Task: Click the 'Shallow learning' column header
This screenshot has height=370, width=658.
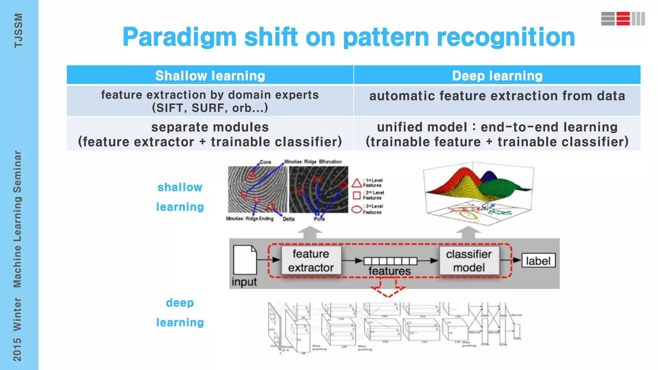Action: click(210, 76)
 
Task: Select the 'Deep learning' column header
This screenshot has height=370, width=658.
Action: click(497, 76)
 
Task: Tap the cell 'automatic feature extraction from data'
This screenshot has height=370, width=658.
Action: click(497, 96)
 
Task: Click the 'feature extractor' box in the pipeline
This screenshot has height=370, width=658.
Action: click(311, 260)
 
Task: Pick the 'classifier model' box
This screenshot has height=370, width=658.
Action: click(469, 260)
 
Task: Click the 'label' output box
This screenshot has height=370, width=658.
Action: click(538, 261)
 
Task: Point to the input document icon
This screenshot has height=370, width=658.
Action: click(245, 260)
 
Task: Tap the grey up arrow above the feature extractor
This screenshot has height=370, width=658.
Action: click(310, 232)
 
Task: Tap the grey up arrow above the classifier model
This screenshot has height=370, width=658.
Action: click(468, 232)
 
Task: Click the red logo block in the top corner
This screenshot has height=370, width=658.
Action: click(623, 19)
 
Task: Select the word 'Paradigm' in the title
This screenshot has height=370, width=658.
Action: click(179, 37)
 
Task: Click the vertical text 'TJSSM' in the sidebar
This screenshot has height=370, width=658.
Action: click(18, 31)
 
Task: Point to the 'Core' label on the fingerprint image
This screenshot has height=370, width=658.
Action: click(265, 162)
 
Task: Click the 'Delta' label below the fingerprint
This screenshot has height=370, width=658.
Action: click(289, 219)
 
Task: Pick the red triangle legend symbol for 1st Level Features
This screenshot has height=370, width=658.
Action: click(357, 183)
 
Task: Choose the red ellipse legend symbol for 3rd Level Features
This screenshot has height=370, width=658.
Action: click(357, 209)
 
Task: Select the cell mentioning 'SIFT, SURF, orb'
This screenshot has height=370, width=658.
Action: click(210, 101)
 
